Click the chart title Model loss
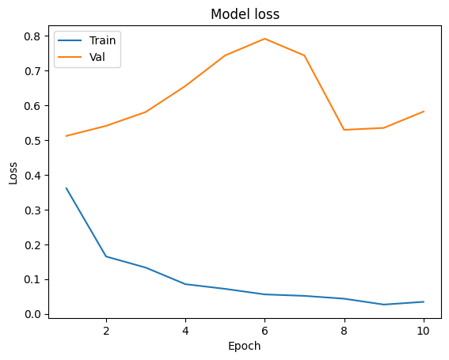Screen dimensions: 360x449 (x=244, y=13)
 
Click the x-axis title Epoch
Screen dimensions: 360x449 (x=244, y=346)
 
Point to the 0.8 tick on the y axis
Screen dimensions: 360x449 (x=32, y=36)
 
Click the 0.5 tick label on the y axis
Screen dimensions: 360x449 (x=32, y=141)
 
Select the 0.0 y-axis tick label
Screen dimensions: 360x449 (x=32, y=314)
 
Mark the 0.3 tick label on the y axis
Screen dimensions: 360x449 (x=32, y=210)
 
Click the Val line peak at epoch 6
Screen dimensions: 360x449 (x=264, y=39)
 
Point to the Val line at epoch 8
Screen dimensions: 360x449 (x=344, y=130)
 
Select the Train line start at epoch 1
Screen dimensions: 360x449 (x=67, y=188)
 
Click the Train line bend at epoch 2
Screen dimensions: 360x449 (x=106, y=256)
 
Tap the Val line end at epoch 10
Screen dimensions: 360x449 (x=424, y=112)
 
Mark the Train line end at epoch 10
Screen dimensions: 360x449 (x=424, y=301)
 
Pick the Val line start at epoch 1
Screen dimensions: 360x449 (x=67, y=136)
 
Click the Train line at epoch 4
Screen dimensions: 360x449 (x=185, y=284)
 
